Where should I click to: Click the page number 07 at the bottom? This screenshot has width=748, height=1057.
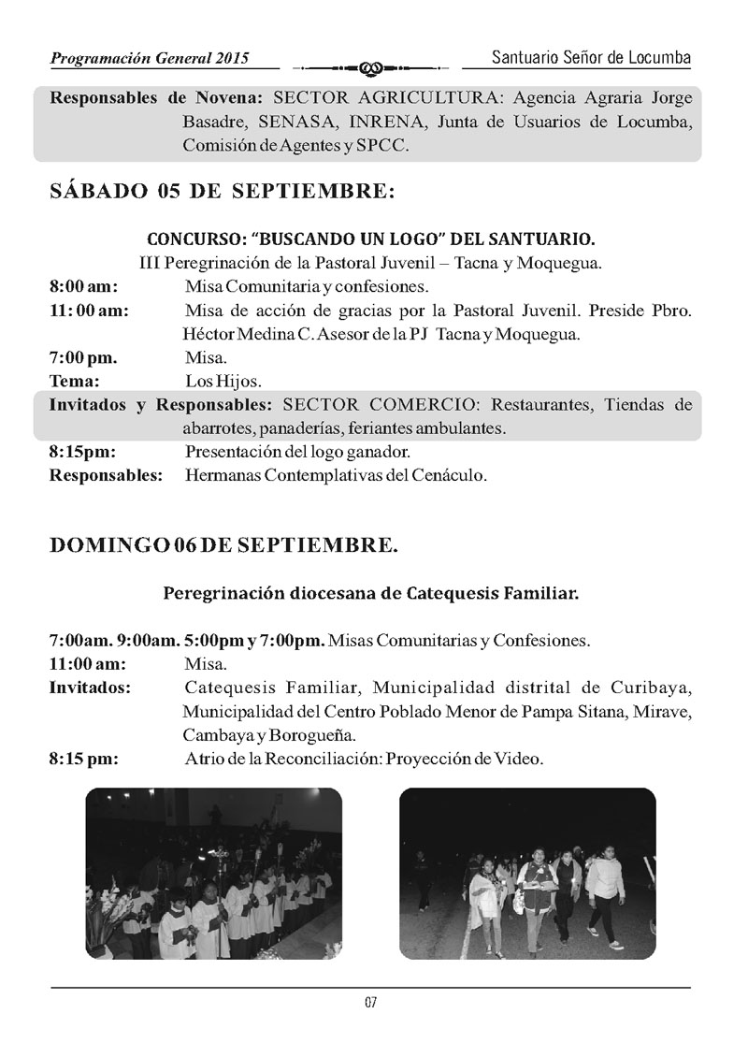click(370, 1003)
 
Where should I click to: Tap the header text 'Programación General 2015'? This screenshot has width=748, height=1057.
click(151, 58)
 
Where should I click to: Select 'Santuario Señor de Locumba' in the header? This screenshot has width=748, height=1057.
click(591, 58)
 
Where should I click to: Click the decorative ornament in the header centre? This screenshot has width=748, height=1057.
click(370, 67)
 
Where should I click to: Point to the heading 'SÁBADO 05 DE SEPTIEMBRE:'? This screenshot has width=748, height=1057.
click(222, 192)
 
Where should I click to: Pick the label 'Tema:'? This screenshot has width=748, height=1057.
click(75, 381)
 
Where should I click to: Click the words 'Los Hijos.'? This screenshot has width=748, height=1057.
click(223, 381)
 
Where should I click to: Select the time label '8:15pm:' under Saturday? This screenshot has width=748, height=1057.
click(82, 452)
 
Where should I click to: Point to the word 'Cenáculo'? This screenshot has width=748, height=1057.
click(452, 475)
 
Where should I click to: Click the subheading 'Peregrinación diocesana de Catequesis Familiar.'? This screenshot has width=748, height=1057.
click(370, 592)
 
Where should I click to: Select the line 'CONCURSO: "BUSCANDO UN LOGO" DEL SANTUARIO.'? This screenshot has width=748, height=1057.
click(370, 239)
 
